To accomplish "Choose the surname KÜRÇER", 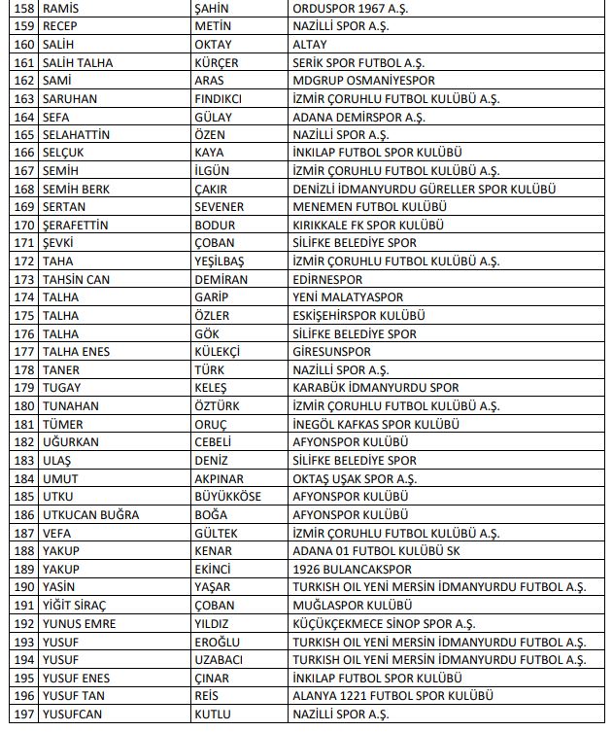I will pyautogui.click(x=218, y=62).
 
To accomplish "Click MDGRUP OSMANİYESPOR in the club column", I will pyautogui.click(x=363, y=81).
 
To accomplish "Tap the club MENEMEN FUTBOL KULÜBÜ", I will pyautogui.click(x=369, y=207).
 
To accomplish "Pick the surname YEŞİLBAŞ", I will pyautogui.click(x=221, y=261).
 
